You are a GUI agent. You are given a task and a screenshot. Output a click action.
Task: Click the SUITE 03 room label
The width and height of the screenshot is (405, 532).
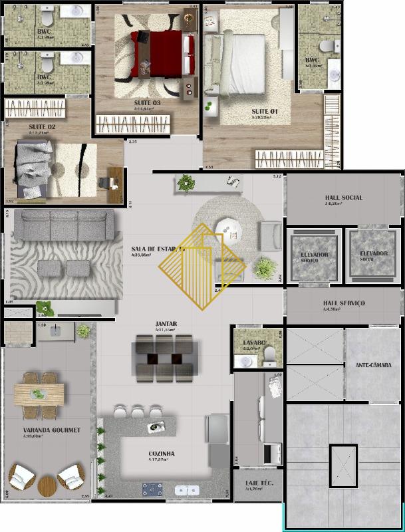[x=148, y=103]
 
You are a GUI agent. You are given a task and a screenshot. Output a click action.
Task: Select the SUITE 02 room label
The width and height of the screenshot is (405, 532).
[x=42, y=126]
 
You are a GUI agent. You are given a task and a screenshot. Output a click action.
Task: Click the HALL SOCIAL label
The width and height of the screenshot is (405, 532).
[x=343, y=198]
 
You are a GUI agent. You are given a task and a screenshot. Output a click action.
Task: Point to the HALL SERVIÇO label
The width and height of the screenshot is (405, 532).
[x=343, y=303]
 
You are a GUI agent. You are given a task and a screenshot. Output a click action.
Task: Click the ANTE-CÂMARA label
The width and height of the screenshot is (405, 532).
[x=373, y=364]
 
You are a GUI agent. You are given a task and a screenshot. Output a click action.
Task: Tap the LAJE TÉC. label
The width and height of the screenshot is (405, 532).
[x=255, y=482]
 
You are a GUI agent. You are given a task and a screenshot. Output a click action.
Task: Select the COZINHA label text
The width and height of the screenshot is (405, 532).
[x=162, y=454]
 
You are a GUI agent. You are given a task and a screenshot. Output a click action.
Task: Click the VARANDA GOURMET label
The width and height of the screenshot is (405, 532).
[x=51, y=430]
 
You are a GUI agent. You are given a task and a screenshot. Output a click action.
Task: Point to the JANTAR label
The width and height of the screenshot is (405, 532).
[x=166, y=324]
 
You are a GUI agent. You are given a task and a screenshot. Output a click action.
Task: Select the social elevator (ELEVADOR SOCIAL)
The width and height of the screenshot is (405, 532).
[x=373, y=255]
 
